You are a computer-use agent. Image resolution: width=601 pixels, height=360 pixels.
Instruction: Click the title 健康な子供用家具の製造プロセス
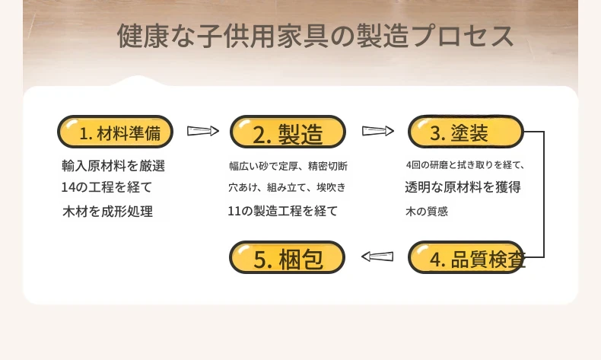coord(315,36)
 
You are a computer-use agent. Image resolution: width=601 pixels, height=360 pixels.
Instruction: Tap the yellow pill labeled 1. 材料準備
coord(116,132)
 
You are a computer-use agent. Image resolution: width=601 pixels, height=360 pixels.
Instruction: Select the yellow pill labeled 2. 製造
coord(288,132)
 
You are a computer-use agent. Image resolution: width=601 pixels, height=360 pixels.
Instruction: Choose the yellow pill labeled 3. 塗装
coord(466,132)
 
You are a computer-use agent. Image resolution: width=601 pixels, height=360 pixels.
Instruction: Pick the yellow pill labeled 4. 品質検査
coord(466,257)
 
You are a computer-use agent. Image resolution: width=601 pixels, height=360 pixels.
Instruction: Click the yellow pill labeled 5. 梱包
coord(287,257)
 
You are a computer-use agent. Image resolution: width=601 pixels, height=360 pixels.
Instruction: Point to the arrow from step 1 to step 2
coord(203,131)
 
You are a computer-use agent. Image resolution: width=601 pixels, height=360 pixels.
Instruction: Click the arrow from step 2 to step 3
coord(378,131)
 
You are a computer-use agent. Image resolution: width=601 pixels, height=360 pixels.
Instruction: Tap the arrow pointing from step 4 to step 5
coord(377,256)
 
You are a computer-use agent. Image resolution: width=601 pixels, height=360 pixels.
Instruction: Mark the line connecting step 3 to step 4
coord(544,194)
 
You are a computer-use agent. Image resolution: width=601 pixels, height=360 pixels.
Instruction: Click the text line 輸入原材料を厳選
coord(113,166)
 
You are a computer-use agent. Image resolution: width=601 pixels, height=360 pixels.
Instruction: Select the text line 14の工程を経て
coord(107,187)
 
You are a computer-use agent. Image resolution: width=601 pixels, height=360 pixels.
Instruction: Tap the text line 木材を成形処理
coord(108,212)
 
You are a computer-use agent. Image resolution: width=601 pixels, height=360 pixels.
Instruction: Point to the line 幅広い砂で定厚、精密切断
coord(288,166)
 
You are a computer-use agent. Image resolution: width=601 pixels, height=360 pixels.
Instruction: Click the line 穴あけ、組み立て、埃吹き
coord(287,187)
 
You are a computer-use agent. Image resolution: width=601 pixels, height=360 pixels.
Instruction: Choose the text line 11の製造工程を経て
coord(282,211)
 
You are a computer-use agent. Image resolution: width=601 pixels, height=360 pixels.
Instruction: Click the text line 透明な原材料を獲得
coord(463,187)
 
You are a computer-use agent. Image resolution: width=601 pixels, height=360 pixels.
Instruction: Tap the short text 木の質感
coord(427,212)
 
